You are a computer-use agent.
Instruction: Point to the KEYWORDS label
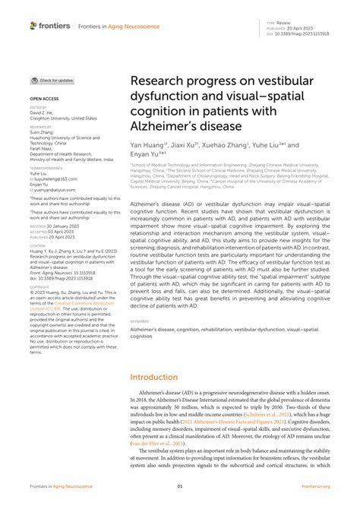(140, 321)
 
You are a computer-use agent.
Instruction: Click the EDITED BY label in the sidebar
(37, 109)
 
